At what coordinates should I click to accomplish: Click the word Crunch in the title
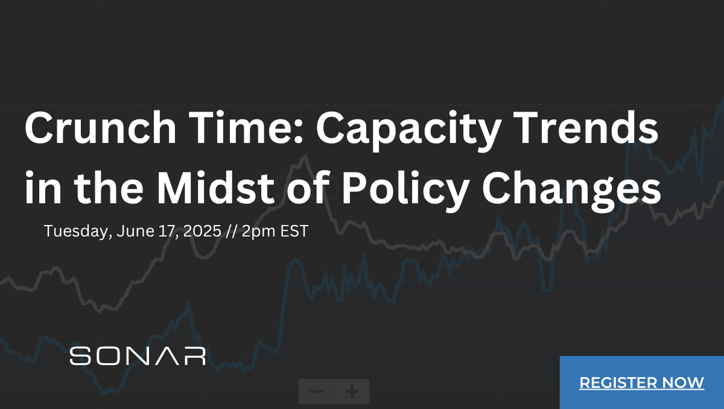tap(101, 127)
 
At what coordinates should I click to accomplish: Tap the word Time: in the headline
tap(246, 127)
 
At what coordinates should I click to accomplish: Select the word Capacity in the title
tap(408, 130)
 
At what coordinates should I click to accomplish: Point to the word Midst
tap(215, 188)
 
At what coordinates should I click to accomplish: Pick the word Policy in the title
tap(405, 191)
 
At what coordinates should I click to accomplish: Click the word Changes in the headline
tap(571, 191)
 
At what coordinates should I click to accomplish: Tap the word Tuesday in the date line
tap(78, 232)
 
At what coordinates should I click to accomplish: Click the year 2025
tap(202, 231)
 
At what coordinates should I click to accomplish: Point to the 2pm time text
tap(259, 232)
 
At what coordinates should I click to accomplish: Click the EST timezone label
tap(294, 231)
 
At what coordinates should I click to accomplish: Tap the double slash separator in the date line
tap(232, 231)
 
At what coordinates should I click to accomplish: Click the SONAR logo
tap(138, 356)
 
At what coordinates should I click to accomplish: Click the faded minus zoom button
tap(316, 392)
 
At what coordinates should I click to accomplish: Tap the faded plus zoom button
tap(352, 392)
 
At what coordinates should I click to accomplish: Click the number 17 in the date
tap(168, 232)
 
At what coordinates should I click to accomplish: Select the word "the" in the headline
tap(109, 188)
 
